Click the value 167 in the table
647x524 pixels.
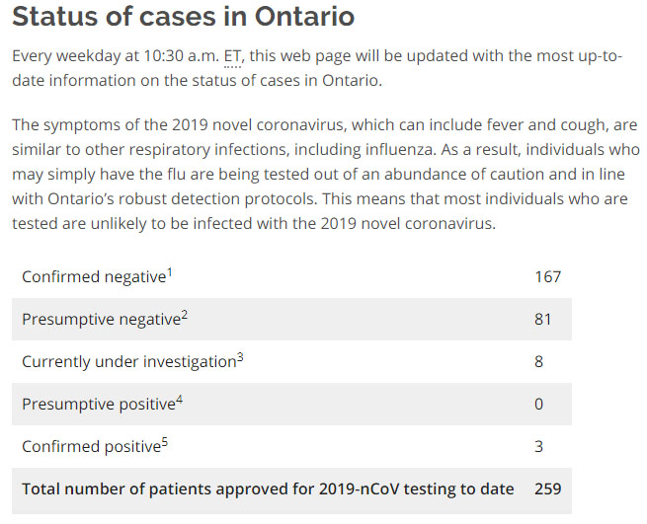(547, 277)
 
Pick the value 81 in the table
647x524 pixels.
(542, 320)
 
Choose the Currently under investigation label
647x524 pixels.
(128, 362)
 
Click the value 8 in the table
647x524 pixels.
(539, 362)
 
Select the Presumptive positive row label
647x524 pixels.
(98, 405)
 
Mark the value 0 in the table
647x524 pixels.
(539, 405)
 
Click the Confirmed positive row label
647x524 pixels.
(91, 447)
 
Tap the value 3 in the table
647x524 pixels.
(539, 447)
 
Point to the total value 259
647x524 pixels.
(548, 489)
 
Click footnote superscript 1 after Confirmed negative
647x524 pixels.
(169, 272)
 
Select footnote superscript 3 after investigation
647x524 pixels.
(240, 357)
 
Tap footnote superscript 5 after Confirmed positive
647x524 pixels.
(164, 442)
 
